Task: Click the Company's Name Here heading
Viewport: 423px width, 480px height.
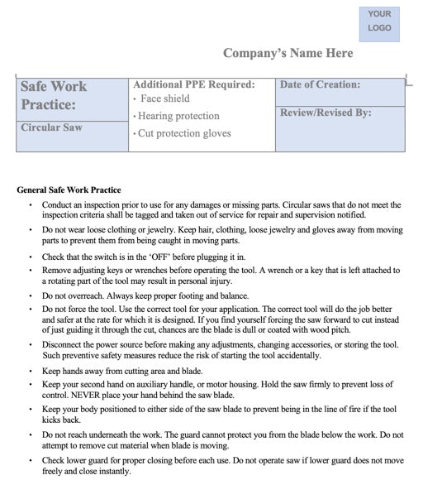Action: click(288, 54)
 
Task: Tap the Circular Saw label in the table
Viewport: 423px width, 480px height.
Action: click(51, 128)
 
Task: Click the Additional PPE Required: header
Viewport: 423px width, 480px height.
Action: click(193, 84)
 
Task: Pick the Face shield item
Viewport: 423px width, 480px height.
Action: click(165, 99)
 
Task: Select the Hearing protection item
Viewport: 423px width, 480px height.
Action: click(178, 116)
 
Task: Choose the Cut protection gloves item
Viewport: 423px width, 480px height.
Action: click(183, 133)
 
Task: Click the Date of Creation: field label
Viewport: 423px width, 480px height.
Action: click(321, 84)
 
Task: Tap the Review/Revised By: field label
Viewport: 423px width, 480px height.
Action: click(326, 113)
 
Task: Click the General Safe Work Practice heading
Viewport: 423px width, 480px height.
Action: click(69, 190)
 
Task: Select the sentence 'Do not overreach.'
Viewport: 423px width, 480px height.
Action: click(75, 295)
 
